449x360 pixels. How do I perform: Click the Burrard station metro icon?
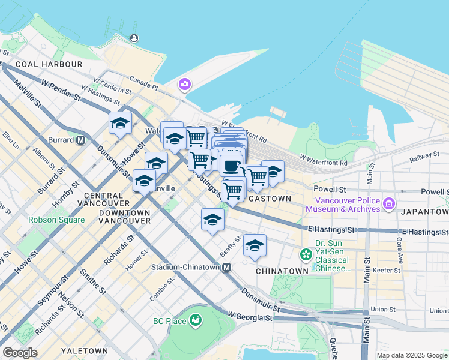tap(80, 140)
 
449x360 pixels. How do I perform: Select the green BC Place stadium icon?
tap(195, 321)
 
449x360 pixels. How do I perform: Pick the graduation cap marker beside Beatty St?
tap(255, 245)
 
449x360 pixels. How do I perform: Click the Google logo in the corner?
tap(20, 353)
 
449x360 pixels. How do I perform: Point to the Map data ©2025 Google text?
tap(411, 355)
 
